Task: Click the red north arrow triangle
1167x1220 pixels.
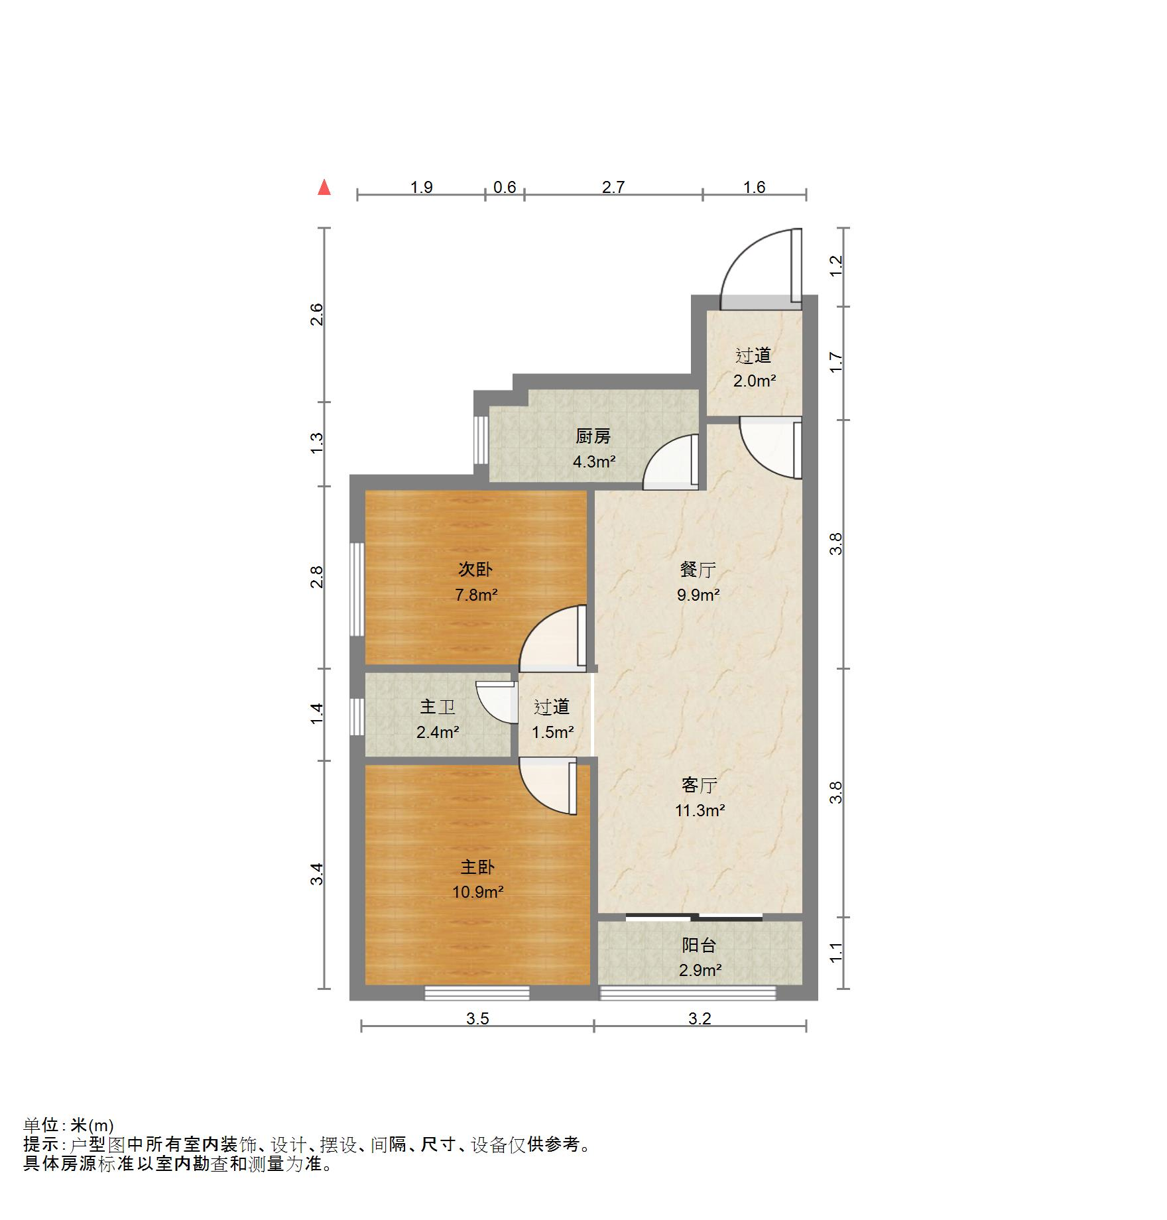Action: pos(324,187)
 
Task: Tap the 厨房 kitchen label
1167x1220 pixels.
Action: pos(593,436)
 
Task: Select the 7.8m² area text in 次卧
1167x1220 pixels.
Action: pos(476,595)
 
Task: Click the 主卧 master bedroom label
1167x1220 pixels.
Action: pos(477,867)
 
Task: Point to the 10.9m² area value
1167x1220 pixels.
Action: pos(478,892)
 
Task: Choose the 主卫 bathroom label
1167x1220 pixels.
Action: pos(438,707)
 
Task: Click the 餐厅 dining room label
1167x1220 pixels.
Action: pos(698,570)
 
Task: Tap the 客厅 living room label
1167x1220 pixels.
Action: pos(700,785)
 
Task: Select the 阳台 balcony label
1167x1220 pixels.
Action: pos(700,945)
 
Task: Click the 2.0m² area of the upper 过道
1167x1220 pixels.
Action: pos(755,381)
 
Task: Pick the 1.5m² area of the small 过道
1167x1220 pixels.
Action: pos(552,732)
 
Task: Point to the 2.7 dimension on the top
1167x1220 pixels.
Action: pos(613,187)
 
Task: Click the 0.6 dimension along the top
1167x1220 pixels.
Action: pos(505,187)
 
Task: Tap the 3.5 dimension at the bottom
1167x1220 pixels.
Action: pos(477,1018)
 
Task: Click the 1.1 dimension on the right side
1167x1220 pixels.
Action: pos(837,952)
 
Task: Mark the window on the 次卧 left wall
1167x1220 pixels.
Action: pos(357,589)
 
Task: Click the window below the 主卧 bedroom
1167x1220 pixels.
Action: pos(477,993)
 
